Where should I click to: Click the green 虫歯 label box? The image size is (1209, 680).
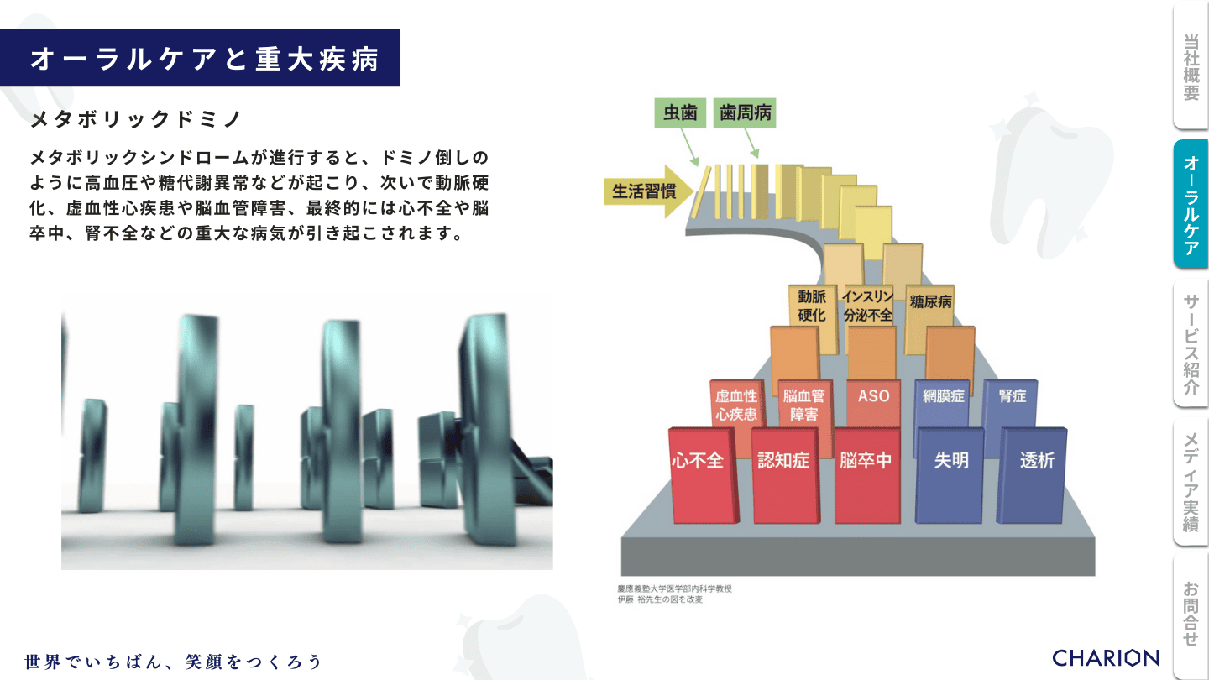[x=680, y=112]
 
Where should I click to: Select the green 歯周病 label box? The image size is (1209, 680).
[x=745, y=112]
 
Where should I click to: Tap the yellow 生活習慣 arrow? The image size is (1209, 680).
[x=647, y=191]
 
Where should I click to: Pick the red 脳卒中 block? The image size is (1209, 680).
[x=867, y=475]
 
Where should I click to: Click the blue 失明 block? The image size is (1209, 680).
[x=950, y=475]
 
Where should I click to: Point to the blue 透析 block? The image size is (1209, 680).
[x=1033, y=475]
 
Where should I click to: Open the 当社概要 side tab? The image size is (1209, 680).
[x=1191, y=65]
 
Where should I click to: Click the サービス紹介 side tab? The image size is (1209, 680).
[x=1191, y=344]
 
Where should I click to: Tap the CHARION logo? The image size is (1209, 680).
[x=1106, y=658]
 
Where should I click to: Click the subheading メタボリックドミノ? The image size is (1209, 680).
[x=136, y=119]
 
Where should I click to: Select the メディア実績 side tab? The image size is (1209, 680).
[x=1191, y=482]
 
